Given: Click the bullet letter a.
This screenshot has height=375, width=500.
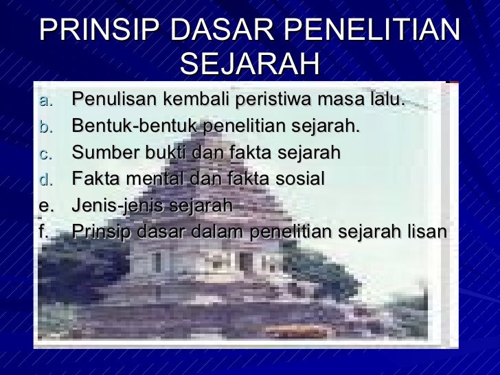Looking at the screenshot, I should pyautogui.click(x=45, y=101).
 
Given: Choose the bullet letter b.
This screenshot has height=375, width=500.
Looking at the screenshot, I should pyautogui.click(x=45, y=127).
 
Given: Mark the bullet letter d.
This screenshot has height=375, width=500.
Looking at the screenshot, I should pyautogui.click(x=45, y=180).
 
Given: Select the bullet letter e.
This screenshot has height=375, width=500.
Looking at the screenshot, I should pyautogui.click(x=45, y=206).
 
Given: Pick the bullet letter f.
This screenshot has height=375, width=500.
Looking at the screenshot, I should pyautogui.click(x=43, y=231).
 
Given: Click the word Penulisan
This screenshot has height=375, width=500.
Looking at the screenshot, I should pyautogui.click(x=111, y=100).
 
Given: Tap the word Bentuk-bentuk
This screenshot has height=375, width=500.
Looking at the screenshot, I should pyautogui.click(x=135, y=126).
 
